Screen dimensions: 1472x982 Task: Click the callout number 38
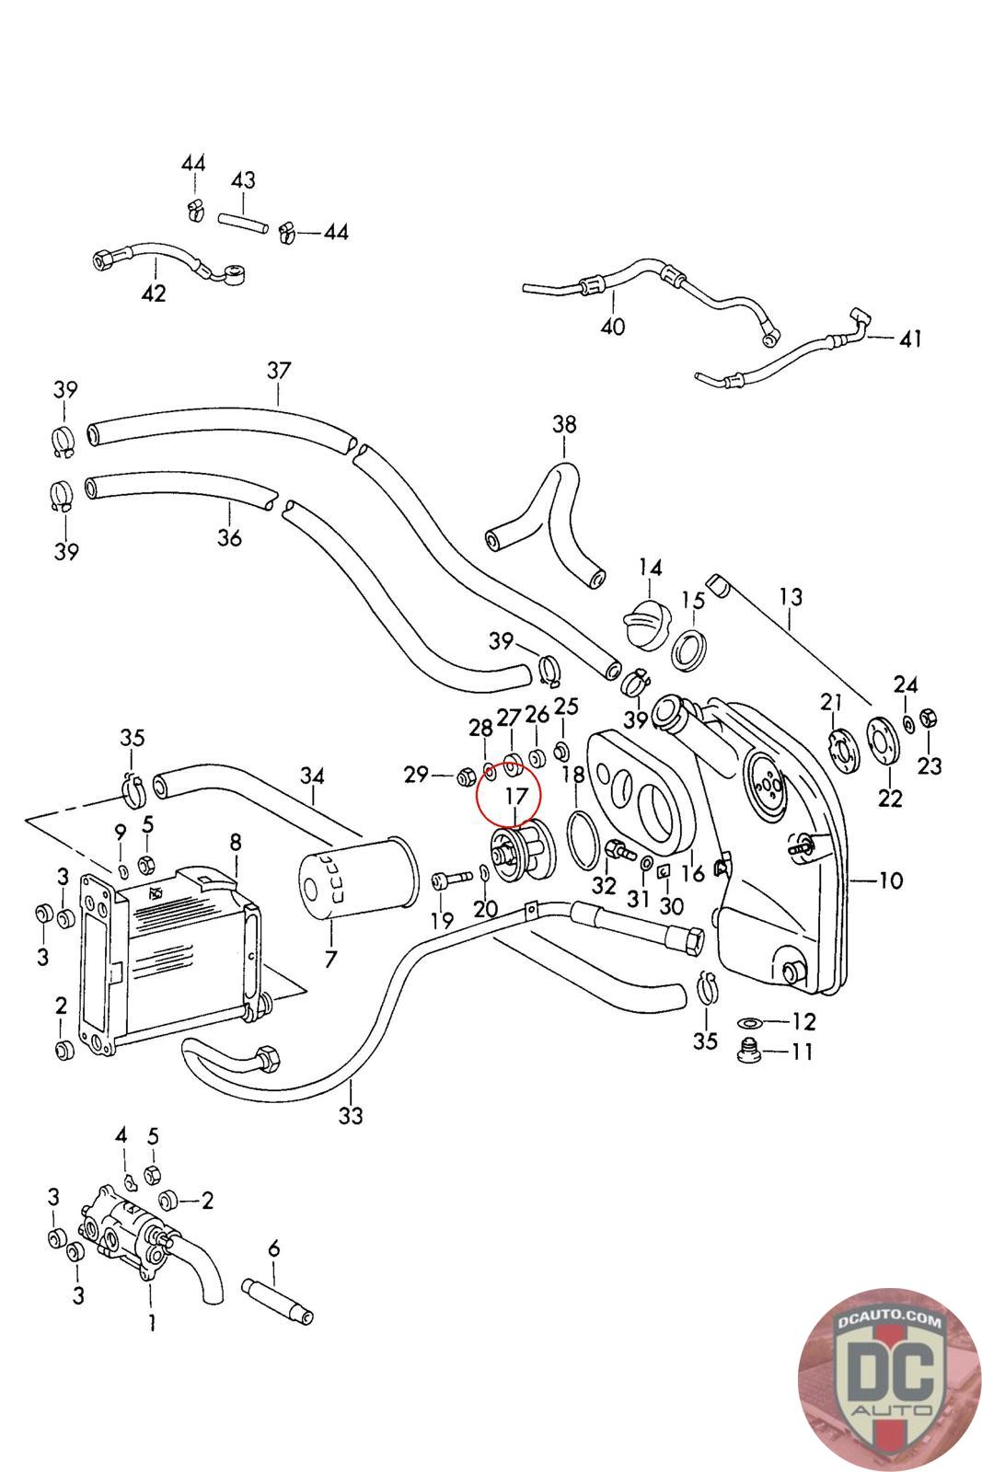[564, 424]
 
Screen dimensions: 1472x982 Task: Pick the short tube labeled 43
[243, 224]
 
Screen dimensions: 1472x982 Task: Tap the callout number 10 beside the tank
[890, 880]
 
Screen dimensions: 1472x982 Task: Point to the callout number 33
[351, 1115]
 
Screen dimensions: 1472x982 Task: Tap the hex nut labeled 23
[928, 718]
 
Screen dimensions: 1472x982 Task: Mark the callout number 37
[279, 370]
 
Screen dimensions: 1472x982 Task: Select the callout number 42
[154, 293]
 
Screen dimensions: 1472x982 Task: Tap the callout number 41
[909, 338]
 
